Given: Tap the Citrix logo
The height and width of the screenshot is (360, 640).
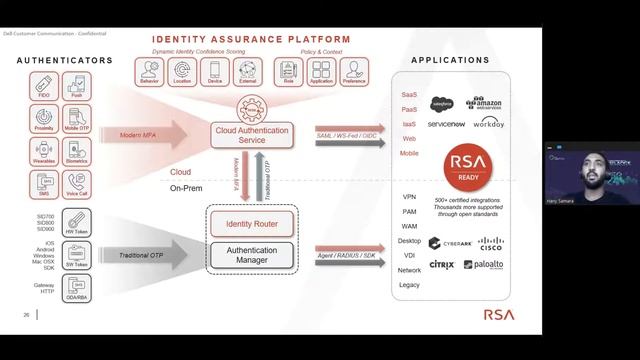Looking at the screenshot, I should [x=442, y=265].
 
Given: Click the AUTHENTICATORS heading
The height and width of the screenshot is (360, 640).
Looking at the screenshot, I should [x=65, y=61].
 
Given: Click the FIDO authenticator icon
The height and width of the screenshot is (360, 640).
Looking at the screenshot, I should [x=45, y=89].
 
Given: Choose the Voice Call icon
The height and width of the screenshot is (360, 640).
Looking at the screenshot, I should [x=76, y=184].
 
